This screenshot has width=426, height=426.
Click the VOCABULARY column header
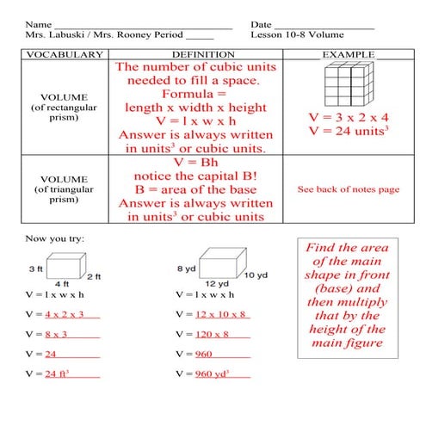60,55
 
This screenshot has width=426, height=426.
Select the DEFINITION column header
197,55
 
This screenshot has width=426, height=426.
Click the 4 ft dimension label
61,283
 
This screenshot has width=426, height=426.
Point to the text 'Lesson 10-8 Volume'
297,34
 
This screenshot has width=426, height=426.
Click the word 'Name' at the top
37,22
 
